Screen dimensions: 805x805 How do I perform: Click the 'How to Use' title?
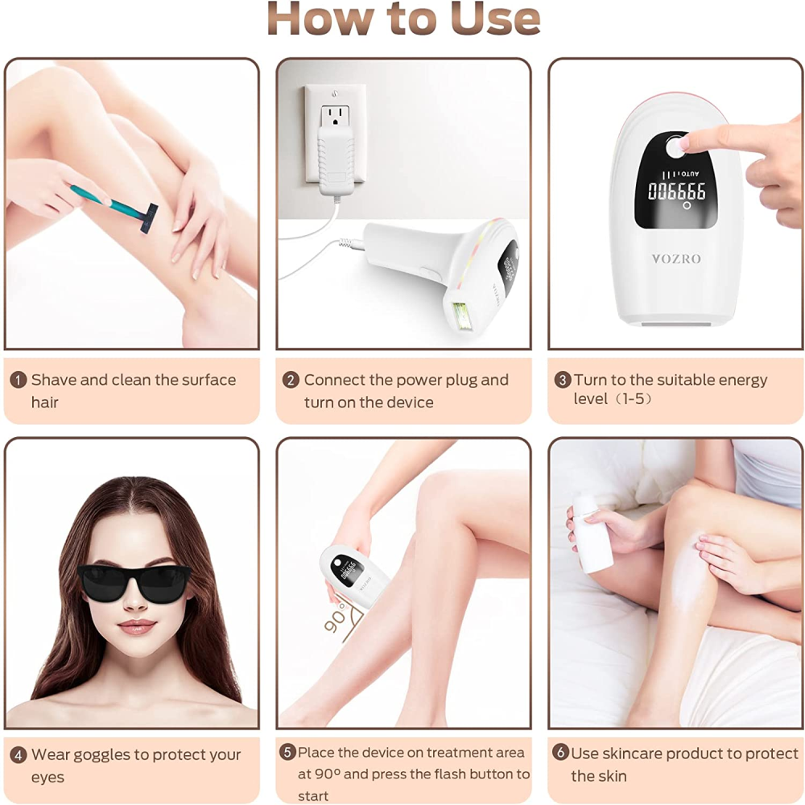(x=403, y=19)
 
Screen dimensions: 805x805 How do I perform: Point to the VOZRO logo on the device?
(x=676, y=259)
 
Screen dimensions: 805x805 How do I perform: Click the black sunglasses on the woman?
(x=134, y=582)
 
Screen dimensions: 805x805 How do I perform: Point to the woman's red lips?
(x=136, y=626)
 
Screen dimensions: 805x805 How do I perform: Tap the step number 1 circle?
(x=19, y=380)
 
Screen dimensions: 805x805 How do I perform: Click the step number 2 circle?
(x=291, y=380)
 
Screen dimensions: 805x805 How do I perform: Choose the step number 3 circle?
(x=562, y=380)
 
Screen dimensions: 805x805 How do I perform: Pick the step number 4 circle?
(x=19, y=755)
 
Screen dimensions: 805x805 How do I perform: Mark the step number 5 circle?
(x=287, y=753)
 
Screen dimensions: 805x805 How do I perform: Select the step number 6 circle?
(x=560, y=753)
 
